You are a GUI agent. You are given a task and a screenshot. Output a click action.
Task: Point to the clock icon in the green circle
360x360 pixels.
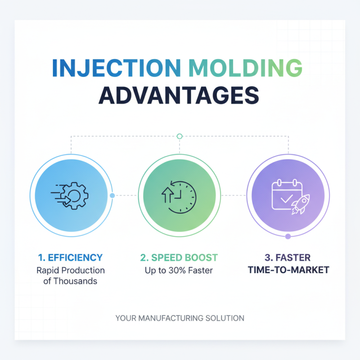coord(180,195)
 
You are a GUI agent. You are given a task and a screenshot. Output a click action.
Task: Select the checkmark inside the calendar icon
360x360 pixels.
coord(284,198)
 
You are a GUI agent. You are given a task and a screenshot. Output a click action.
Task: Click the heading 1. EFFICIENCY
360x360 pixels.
coord(70,258)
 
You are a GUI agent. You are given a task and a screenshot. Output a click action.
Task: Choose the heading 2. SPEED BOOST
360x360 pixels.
coord(179,258)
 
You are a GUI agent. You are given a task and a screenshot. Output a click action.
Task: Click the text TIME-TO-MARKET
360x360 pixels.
coord(288,270)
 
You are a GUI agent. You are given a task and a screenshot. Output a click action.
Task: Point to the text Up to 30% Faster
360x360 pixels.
coord(179,270)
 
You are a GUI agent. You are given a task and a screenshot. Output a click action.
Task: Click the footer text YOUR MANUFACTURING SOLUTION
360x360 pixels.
coord(180,318)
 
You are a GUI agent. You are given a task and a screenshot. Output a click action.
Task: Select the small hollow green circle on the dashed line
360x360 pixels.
coord(180,135)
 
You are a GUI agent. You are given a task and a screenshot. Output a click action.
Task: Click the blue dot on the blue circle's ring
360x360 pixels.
coord(112,195)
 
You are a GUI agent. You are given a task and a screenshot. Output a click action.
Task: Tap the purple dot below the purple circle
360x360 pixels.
coord(288,236)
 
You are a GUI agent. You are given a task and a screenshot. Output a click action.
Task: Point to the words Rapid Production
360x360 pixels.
coord(70,270)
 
